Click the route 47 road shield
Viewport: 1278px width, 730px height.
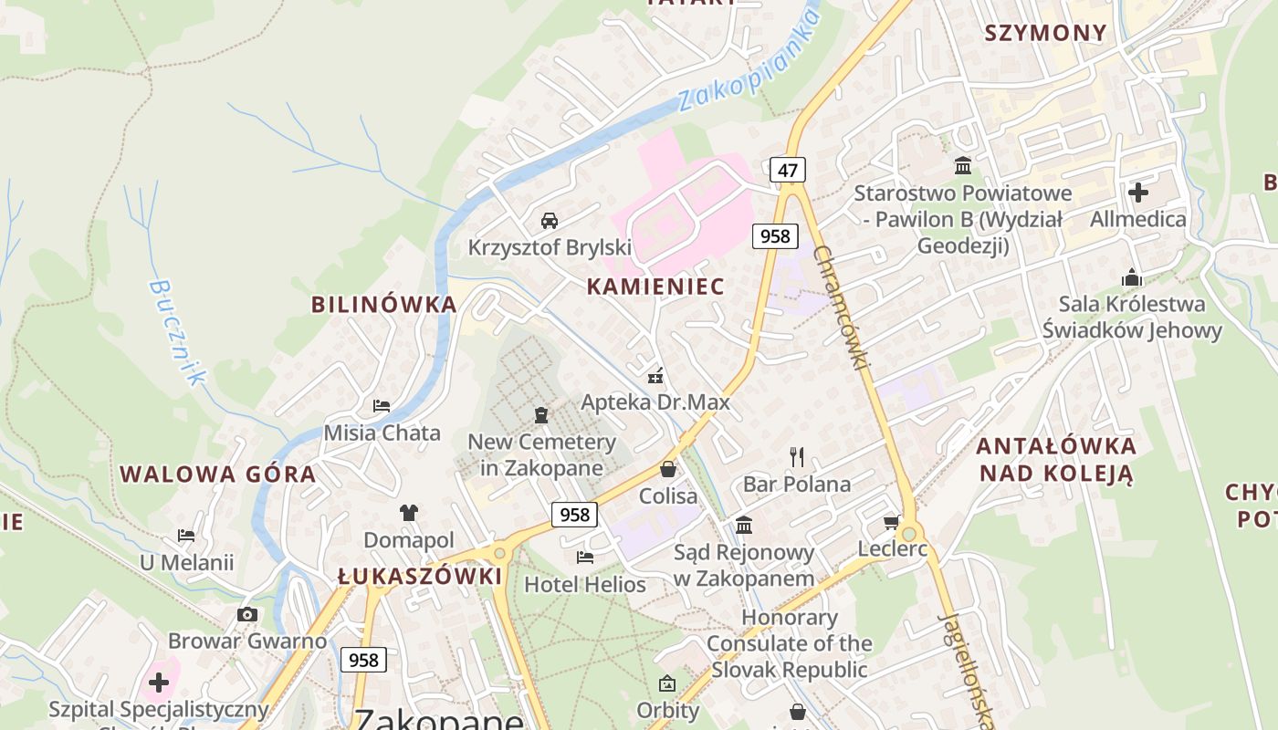pos(788,169)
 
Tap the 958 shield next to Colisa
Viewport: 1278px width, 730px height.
pos(574,515)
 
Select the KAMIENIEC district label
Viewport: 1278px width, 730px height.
pos(655,287)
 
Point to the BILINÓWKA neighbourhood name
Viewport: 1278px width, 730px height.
pos(383,305)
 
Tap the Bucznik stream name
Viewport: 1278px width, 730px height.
pos(178,332)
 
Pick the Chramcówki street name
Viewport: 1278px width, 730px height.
pos(839,308)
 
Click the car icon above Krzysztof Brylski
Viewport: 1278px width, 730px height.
pos(550,220)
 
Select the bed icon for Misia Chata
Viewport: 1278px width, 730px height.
pos(382,405)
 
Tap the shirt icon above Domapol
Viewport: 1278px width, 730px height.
pos(408,513)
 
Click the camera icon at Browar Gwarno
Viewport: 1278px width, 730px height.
pos(247,614)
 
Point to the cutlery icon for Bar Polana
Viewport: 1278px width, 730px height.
pos(797,456)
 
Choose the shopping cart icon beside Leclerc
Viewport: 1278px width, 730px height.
pos(891,522)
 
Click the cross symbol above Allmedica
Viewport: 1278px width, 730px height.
pos(1137,193)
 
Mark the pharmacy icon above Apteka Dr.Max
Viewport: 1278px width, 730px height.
pos(655,375)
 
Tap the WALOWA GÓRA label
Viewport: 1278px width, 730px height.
pos(218,474)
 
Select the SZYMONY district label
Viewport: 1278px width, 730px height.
pos(1045,33)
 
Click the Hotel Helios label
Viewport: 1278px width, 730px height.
pos(585,584)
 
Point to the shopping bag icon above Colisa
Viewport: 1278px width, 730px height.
pos(668,470)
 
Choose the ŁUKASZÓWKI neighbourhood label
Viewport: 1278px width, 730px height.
pos(420,577)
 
